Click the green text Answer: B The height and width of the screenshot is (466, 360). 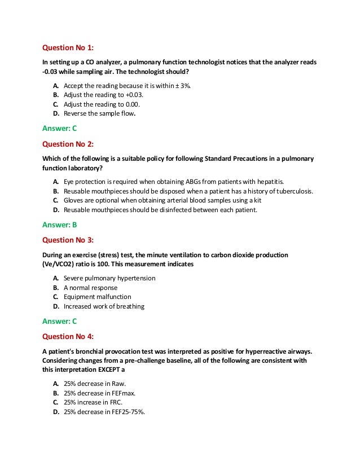tap(60, 225)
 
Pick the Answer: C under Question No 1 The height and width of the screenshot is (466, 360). tap(60, 128)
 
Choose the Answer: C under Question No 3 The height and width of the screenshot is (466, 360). tap(60, 321)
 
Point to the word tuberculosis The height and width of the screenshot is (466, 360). tap(292, 191)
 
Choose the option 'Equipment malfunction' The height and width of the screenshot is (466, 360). tap(97, 297)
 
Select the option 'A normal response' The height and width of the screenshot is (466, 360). tap(91, 287)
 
